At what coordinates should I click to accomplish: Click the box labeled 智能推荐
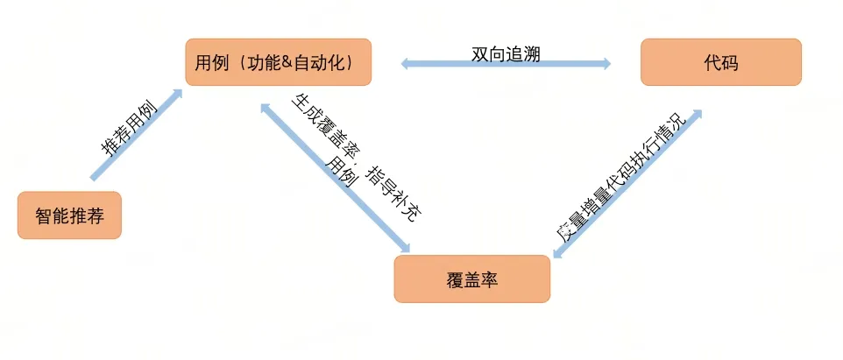coord(69,215)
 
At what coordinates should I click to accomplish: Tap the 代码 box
coord(720,62)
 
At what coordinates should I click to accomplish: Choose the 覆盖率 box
coord(471,279)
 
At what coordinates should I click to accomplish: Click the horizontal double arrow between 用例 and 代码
coord(506,64)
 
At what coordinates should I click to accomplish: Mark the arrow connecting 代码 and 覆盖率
coord(627,184)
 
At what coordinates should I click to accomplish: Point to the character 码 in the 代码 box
coord(729,62)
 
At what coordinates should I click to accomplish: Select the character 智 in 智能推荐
coord(44,215)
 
